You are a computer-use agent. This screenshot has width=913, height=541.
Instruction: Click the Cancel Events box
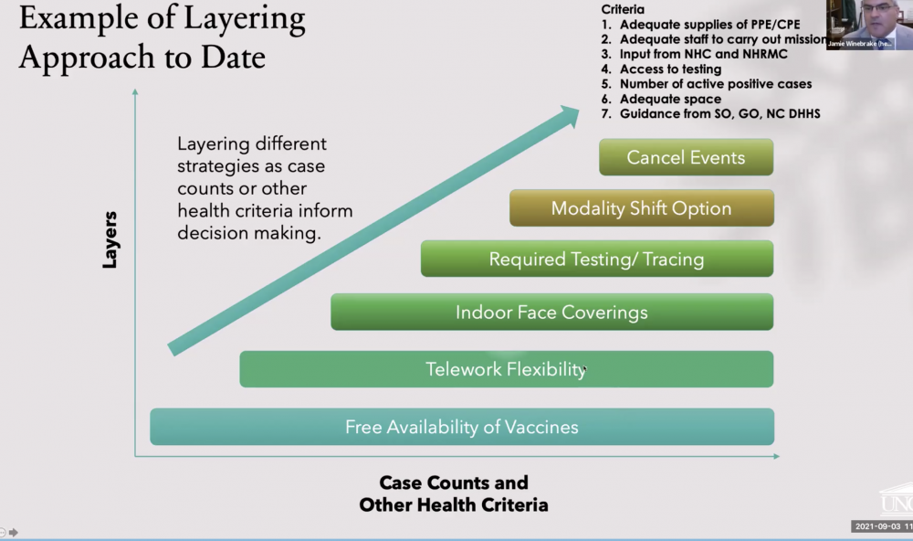tap(686, 157)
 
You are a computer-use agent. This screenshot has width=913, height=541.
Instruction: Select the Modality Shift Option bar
tap(641, 208)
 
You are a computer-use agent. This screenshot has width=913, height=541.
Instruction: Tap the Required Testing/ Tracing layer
tap(596, 259)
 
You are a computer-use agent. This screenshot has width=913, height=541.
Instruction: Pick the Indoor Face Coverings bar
tap(551, 312)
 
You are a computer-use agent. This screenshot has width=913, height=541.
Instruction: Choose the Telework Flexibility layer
tap(506, 369)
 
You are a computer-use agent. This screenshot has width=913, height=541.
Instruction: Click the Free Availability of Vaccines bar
tap(461, 427)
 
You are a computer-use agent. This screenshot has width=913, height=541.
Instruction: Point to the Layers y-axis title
tap(110, 239)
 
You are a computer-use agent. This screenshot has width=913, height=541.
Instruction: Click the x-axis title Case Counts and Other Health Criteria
tap(454, 493)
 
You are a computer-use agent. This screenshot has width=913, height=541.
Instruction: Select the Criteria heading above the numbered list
tap(623, 9)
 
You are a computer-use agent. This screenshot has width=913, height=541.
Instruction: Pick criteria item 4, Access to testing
tap(669, 69)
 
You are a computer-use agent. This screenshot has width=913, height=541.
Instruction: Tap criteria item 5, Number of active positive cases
tap(715, 84)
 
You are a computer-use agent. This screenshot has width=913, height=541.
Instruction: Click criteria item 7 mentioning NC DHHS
tap(719, 113)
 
